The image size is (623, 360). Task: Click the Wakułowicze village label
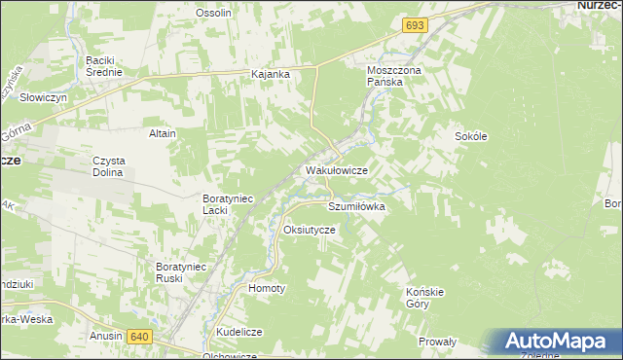pos(336,170)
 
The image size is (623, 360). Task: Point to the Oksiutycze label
pos(309,230)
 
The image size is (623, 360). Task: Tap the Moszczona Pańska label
pos(391,77)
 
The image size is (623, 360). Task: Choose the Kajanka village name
pos(271,74)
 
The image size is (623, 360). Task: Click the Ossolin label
pos(213,13)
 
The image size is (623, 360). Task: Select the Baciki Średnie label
pos(103,66)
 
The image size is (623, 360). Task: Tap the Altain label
pos(162,133)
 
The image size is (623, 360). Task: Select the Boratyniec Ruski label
pos(182,271)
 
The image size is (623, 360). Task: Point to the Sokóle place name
pos(470,137)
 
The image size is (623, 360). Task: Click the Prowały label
pos(437,342)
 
